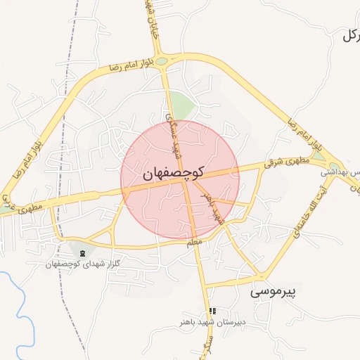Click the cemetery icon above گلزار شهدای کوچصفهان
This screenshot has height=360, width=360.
tap(83, 253)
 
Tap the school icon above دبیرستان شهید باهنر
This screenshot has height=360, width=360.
tap(212, 311)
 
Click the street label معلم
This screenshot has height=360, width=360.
tap(194, 242)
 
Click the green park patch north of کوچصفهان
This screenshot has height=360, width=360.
tap(182, 107)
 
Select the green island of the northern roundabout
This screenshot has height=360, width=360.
tap(162, 61)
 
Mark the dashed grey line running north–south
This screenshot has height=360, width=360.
tap(65, 141)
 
